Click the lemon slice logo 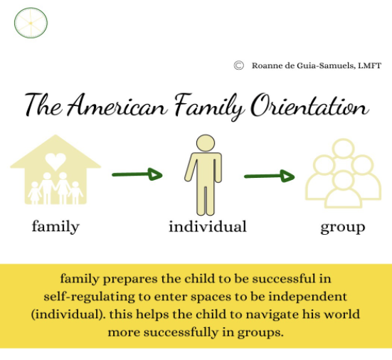pos(31,23)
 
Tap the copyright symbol pos(239,65)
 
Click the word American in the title pos(117,105)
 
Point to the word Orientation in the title pos(310,105)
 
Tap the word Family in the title pos(209,107)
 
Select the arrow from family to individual pos(137,174)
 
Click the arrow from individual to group pos(269,176)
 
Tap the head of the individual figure pos(206,143)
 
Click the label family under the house pos(55,226)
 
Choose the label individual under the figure pos(208,226)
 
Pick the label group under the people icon pos(343,228)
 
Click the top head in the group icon pos(343,149)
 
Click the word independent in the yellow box pos(307,297)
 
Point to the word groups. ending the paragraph pos(260,333)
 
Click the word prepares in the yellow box pos(130,280)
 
